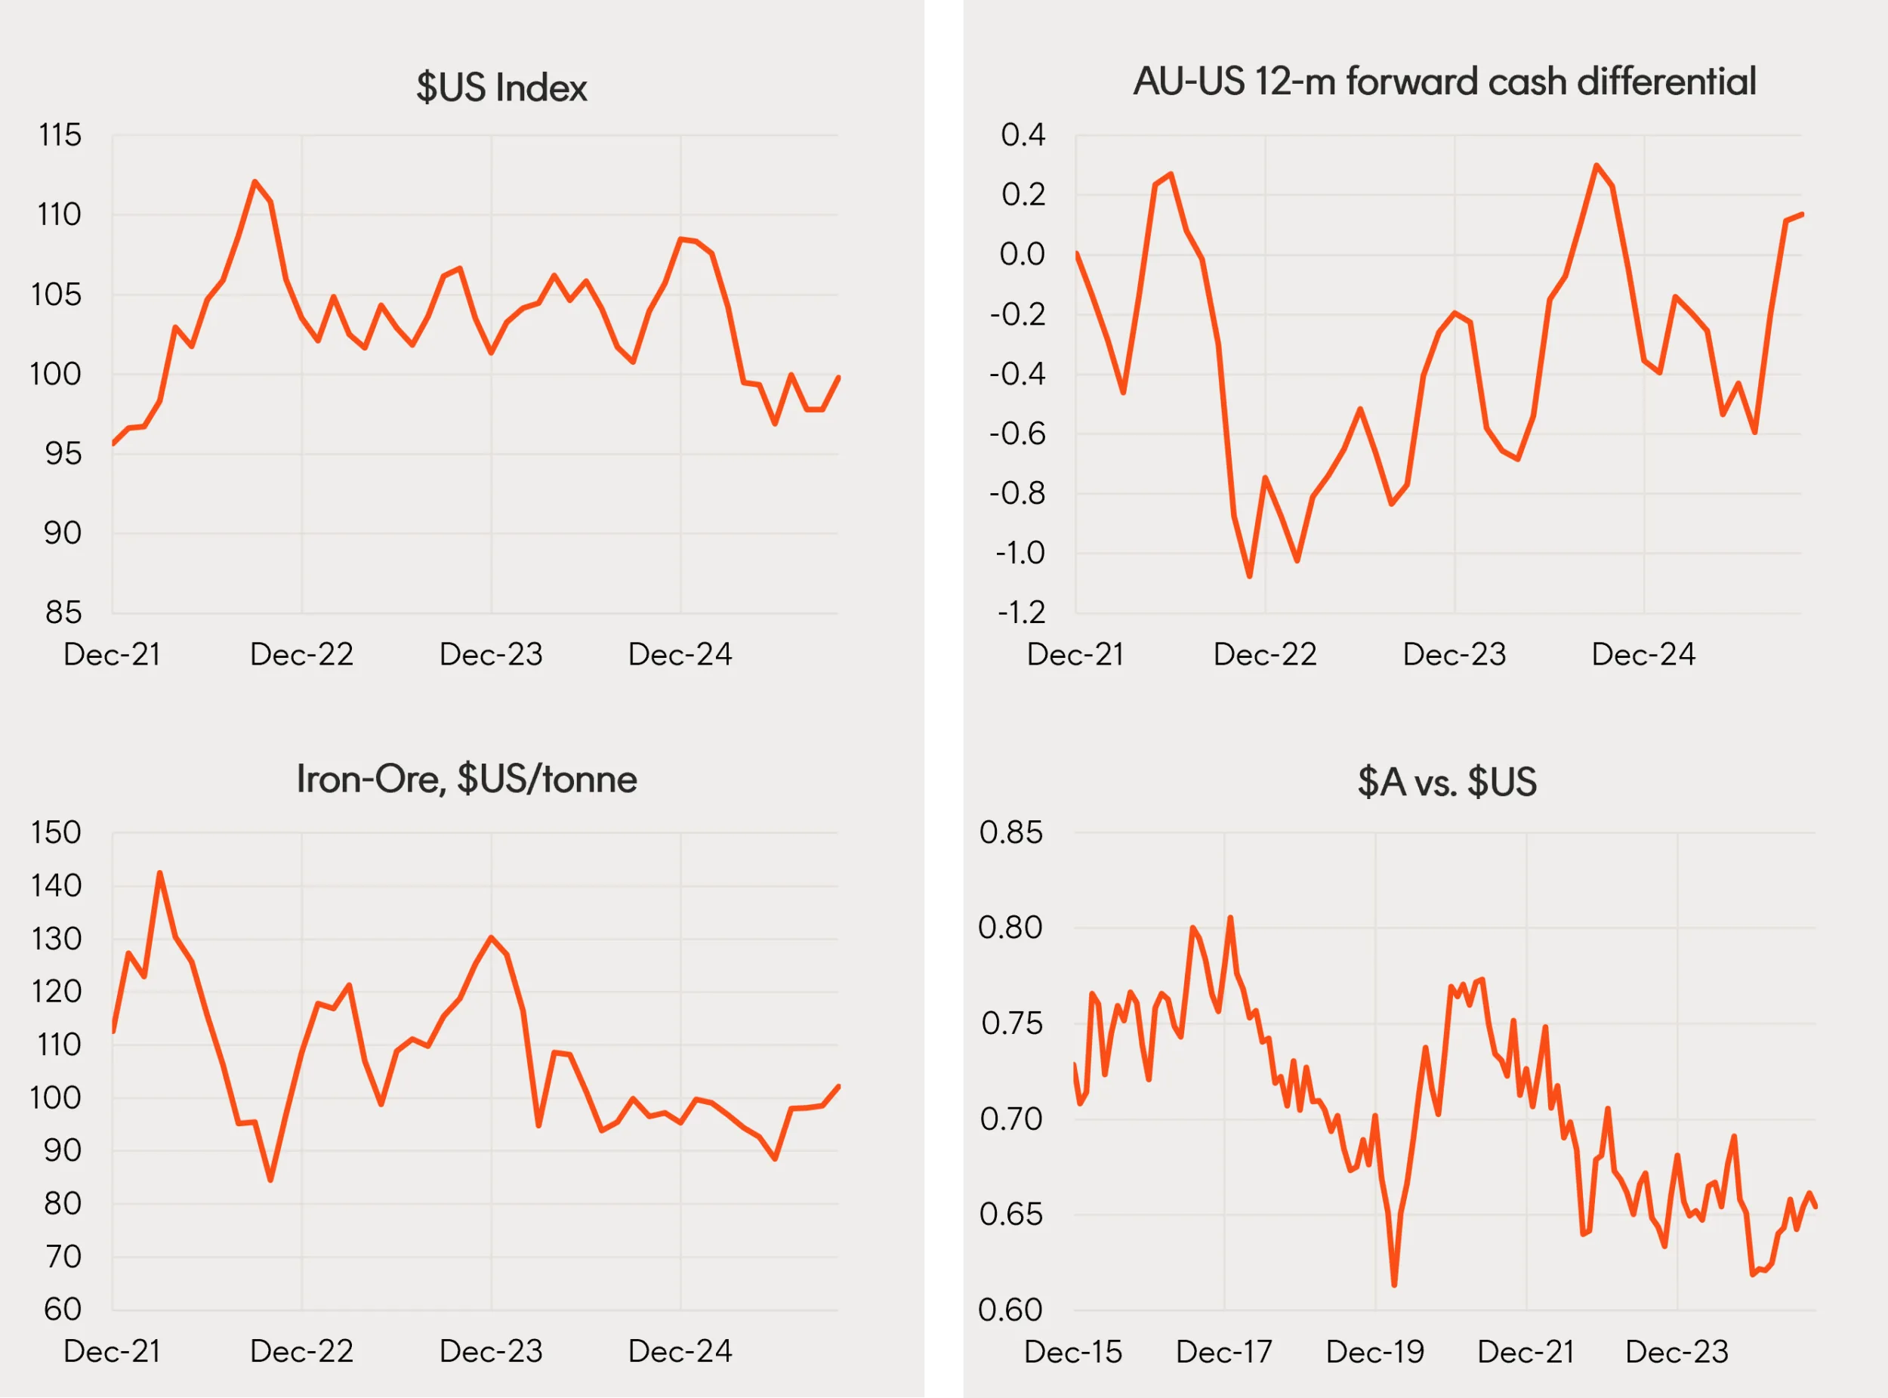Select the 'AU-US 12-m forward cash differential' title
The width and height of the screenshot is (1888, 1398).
coord(1445,82)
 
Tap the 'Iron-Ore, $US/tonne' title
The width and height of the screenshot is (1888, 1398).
coord(466,779)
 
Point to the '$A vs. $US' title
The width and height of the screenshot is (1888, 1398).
coord(1446,782)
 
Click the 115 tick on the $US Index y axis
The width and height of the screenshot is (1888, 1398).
coord(59,135)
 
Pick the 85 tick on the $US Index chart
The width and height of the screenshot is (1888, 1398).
coord(63,613)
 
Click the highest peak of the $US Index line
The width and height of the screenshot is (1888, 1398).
coord(255,181)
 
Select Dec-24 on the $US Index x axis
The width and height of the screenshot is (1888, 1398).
coord(680,655)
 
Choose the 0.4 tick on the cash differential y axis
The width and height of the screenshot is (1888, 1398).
coord(1023,135)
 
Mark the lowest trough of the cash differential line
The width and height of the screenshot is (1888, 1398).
coord(1250,576)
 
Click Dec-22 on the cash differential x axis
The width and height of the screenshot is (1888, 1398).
coord(1265,655)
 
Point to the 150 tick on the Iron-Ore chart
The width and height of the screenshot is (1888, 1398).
coord(56,833)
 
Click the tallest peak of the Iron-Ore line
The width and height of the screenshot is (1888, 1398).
coord(160,872)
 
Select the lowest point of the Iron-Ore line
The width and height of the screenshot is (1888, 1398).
coord(270,1180)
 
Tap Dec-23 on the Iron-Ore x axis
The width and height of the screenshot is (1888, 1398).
coord(491,1351)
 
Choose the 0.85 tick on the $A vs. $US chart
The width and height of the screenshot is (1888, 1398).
coord(1010,833)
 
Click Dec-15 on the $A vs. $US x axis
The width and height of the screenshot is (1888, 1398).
coord(1073,1352)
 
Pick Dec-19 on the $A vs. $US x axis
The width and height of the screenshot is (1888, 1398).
coord(1375,1352)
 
